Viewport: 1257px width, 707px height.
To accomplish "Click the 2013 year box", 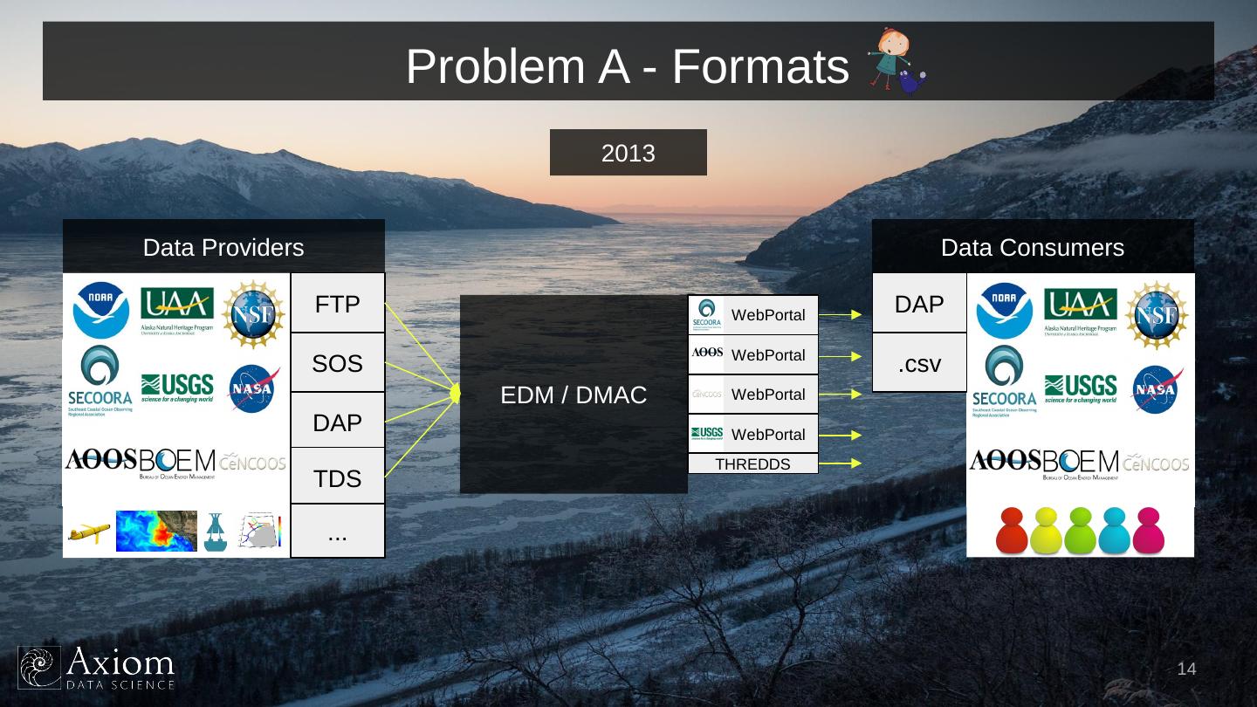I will click(x=628, y=153).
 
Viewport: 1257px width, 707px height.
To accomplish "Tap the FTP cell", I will click(x=338, y=304).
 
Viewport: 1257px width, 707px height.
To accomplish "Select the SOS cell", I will click(x=338, y=363).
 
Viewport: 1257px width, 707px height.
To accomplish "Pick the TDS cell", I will click(x=338, y=477).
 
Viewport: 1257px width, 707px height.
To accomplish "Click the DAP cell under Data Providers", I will click(x=338, y=422).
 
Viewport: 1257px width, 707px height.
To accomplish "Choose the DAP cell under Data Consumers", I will click(x=919, y=304).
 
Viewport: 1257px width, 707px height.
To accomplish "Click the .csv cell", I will click(x=919, y=363).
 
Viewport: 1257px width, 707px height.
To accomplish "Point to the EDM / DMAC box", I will click(x=574, y=395).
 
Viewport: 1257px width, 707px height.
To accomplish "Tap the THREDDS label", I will click(x=752, y=464).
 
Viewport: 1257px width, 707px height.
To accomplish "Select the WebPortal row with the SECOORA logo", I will click(x=752, y=315).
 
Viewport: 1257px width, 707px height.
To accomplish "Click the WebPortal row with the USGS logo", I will click(x=752, y=434).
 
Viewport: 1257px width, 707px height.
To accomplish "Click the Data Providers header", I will click(x=223, y=247).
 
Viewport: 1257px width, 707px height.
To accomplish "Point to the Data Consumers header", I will click(x=1033, y=247).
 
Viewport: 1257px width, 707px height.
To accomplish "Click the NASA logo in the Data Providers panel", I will click(x=254, y=388).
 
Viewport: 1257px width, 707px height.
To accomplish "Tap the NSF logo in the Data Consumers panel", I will click(x=1157, y=312).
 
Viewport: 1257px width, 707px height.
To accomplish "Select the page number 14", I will click(x=1186, y=669).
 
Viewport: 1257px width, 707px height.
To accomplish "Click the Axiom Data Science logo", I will click(x=97, y=668).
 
